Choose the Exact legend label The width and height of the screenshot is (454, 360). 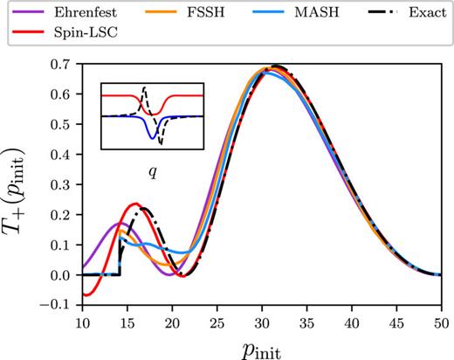coord(421,15)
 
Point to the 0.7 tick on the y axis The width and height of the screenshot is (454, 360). coord(63,66)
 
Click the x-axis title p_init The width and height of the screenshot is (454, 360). coord(262,347)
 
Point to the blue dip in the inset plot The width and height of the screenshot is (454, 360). coord(152,137)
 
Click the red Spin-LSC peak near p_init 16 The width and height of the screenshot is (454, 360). coord(135,204)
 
